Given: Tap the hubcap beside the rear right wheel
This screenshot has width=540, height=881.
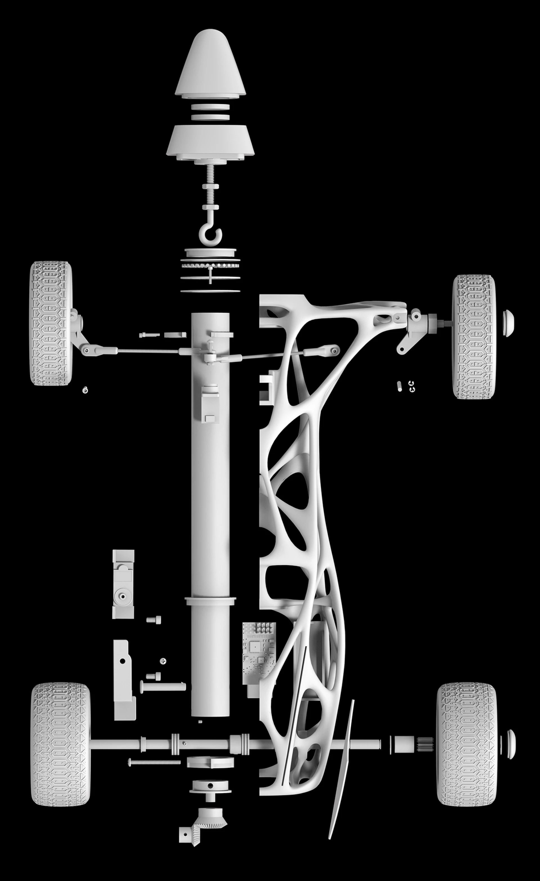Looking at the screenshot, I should (511, 744).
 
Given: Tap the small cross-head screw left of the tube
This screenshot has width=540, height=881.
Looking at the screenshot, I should (163, 661).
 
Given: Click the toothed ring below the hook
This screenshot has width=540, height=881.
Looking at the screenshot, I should (210, 266).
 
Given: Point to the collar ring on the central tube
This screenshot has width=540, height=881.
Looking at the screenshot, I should (210, 600).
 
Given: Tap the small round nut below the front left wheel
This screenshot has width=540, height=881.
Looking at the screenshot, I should (85, 390).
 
